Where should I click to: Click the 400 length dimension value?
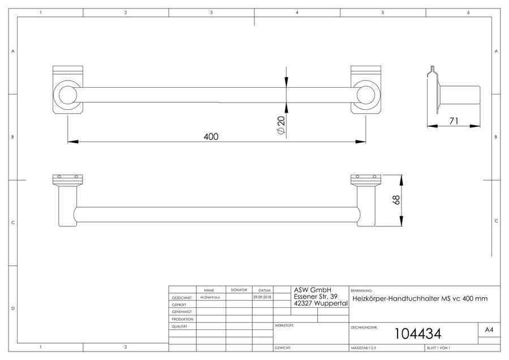tap(211, 136)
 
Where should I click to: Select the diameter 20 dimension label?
tap(281, 125)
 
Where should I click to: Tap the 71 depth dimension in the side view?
tap(454, 121)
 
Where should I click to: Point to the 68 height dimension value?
tap(396, 200)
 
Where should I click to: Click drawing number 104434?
tap(418, 334)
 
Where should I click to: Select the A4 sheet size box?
tap(489, 330)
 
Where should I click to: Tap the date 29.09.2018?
tap(262, 297)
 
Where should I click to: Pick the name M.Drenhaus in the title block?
tap(210, 297)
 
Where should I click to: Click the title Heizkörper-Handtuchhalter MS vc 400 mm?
tap(420, 299)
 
